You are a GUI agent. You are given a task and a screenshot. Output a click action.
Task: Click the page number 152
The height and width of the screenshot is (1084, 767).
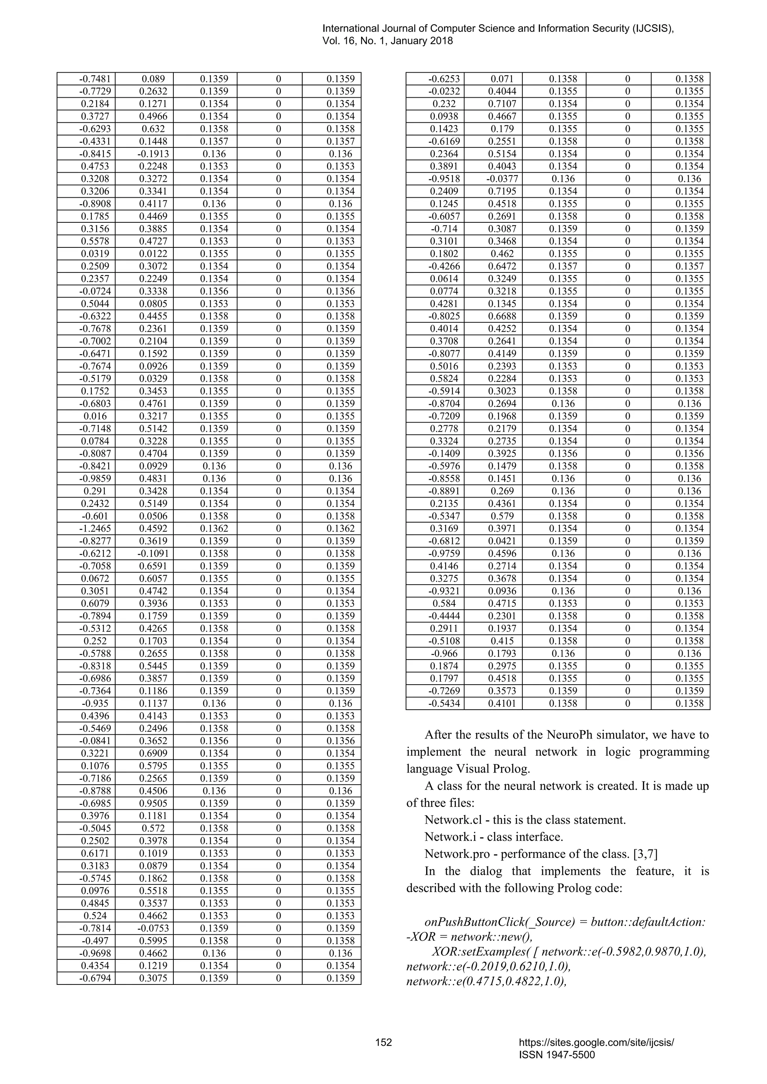click(x=383, y=1042)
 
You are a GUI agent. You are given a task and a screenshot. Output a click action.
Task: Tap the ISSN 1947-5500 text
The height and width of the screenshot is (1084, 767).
click(x=557, y=1055)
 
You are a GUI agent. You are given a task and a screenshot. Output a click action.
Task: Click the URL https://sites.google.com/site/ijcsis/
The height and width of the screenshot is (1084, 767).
click(x=596, y=1042)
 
